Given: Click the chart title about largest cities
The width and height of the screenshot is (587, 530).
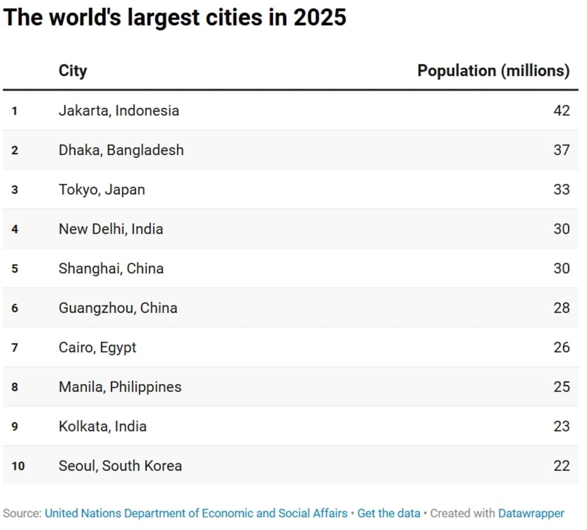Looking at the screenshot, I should click(174, 18).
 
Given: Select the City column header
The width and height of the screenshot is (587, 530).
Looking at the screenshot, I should click(73, 71).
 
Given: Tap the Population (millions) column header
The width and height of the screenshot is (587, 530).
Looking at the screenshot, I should click(493, 71).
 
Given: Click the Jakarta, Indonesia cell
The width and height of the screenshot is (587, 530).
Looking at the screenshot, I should click(119, 111).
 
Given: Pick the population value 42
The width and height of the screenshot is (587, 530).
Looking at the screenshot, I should click(561, 111).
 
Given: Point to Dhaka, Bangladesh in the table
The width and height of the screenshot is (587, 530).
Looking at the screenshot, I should click(121, 150).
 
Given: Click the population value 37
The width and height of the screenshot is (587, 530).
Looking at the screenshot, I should click(561, 150).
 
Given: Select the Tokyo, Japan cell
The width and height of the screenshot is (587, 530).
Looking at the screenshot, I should click(102, 190).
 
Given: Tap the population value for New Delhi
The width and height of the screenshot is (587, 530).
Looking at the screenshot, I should click(561, 229).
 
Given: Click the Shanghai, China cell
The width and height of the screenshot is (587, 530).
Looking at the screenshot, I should click(111, 269).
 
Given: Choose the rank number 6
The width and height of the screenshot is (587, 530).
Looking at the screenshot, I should click(15, 308).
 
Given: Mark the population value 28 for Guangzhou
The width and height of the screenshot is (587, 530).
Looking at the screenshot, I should click(561, 308).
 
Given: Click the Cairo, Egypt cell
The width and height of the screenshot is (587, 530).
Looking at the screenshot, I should click(97, 348).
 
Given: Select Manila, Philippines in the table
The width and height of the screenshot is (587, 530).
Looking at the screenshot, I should click(120, 387).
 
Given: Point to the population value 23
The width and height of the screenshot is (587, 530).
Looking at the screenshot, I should click(561, 427).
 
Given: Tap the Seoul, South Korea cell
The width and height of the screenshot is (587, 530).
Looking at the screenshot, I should click(120, 466).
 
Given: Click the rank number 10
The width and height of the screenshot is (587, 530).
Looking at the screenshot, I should click(18, 466).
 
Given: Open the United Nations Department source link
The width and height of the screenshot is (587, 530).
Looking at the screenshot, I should click(196, 513).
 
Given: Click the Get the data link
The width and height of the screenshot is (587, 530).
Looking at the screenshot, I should click(389, 513).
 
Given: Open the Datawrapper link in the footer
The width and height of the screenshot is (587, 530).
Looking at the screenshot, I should click(531, 513).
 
